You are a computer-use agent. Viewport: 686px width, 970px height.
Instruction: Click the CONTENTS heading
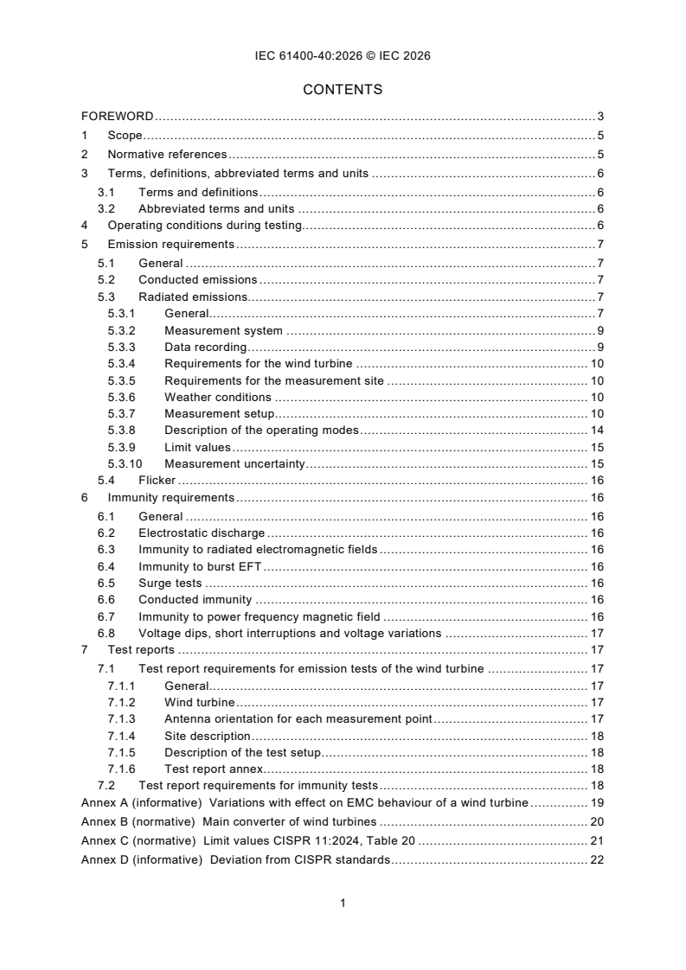[x=343, y=89]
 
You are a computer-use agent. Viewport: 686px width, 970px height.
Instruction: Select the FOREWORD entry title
[x=117, y=116]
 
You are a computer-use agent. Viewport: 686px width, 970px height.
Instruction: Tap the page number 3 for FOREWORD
[x=599, y=116]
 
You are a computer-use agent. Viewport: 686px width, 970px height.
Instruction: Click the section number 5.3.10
[x=125, y=464]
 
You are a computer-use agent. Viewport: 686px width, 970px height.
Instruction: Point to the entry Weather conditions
[x=217, y=397]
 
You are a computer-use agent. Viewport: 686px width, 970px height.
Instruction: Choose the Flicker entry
[x=157, y=481]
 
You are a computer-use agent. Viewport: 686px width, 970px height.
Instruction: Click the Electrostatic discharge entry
[x=202, y=533]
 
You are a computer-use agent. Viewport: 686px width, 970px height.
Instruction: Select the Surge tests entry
[x=170, y=584]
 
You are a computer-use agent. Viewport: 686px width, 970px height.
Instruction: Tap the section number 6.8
[x=106, y=633]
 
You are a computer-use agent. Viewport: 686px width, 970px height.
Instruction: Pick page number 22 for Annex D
[x=596, y=860]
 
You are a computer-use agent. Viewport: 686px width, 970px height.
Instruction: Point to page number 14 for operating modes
[x=596, y=431]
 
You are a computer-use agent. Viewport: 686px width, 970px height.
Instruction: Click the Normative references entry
[x=167, y=154]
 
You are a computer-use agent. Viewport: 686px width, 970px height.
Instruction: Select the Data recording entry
[x=205, y=347]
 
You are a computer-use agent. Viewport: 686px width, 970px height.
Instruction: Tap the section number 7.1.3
[x=122, y=719]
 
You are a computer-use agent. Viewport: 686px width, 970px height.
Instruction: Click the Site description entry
[x=207, y=736]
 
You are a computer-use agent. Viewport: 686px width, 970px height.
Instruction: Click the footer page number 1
[x=343, y=903]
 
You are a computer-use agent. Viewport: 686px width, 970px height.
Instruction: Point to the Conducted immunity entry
[x=195, y=599]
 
